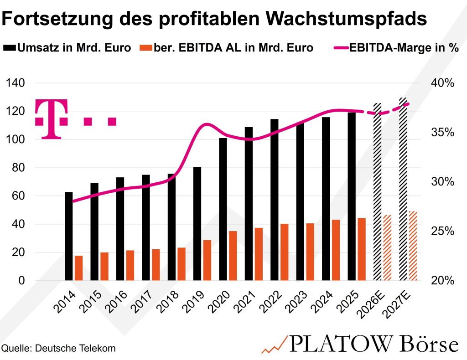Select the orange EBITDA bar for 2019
coord(207,260)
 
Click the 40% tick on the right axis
coord(442,83)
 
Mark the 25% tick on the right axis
coord(442,231)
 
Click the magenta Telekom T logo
coord(51,118)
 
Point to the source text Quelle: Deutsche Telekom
coord(58,348)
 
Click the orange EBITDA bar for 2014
coord(78,268)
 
